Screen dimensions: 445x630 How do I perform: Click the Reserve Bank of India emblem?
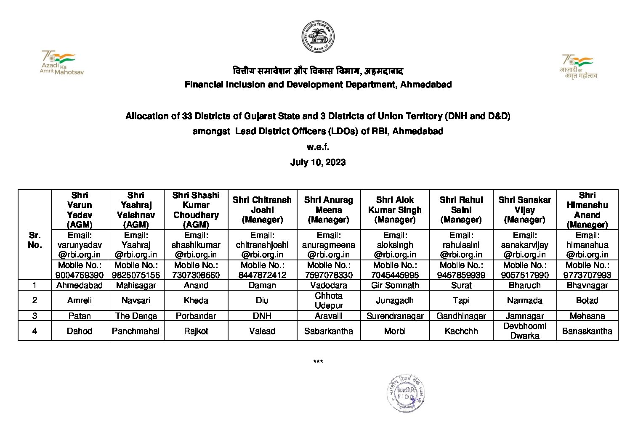[x=318, y=37]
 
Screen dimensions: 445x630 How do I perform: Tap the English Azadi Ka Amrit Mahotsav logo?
[x=61, y=63]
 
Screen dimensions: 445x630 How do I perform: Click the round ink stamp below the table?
[x=405, y=393]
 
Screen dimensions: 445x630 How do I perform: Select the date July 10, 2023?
[x=318, y=162]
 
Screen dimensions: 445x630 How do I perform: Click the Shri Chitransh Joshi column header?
[x=262, y=209]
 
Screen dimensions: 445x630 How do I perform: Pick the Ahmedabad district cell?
[x=80, y=285]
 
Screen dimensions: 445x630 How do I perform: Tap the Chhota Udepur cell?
[x=329, y=300]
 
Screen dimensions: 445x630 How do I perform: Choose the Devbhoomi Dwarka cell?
[x=524, y=331]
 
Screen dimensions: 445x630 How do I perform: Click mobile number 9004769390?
[x=80, y=275]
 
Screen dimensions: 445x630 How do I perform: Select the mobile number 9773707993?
[x=587, y=275]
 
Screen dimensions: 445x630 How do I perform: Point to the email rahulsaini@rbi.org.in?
[x=461, y=245]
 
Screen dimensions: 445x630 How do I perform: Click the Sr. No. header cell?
[x=35, y=240]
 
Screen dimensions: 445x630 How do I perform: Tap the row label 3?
[x=35, y=316]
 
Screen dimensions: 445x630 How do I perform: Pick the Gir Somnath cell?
[x=395, y=285]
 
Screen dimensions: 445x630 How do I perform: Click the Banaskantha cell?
[x=587, y=331]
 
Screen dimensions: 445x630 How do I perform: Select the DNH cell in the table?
[x=262, y=316]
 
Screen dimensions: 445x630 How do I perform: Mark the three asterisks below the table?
[x=318, y=362]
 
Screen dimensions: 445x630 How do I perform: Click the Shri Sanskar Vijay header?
[x=524, y=209]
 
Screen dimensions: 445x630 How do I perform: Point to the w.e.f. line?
[x=318, y=147]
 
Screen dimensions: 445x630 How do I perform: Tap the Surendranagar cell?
[x=395, y=316]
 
